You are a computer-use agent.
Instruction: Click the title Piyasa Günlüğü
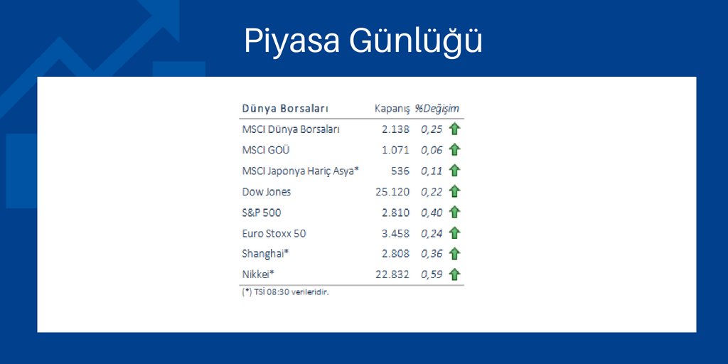363,41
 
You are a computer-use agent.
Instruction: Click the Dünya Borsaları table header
284,109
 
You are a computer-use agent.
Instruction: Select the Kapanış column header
392,109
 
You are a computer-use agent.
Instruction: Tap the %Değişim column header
437,109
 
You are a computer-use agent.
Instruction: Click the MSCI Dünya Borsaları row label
291,129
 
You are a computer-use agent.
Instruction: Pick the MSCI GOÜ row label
266,150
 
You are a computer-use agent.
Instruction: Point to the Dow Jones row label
267,192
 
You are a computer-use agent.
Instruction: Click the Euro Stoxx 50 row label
274,233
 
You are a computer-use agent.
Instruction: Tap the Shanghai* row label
265,254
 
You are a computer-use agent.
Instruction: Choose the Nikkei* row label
259,274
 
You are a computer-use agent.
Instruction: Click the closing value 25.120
392,192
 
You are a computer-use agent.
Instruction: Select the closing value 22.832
392,274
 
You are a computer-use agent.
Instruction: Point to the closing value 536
400,171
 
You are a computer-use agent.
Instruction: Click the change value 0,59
431,274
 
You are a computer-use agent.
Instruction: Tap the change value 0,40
431,213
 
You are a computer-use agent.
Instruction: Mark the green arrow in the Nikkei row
455,274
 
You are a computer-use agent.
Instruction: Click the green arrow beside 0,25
455,129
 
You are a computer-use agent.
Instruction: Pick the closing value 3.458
395,233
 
